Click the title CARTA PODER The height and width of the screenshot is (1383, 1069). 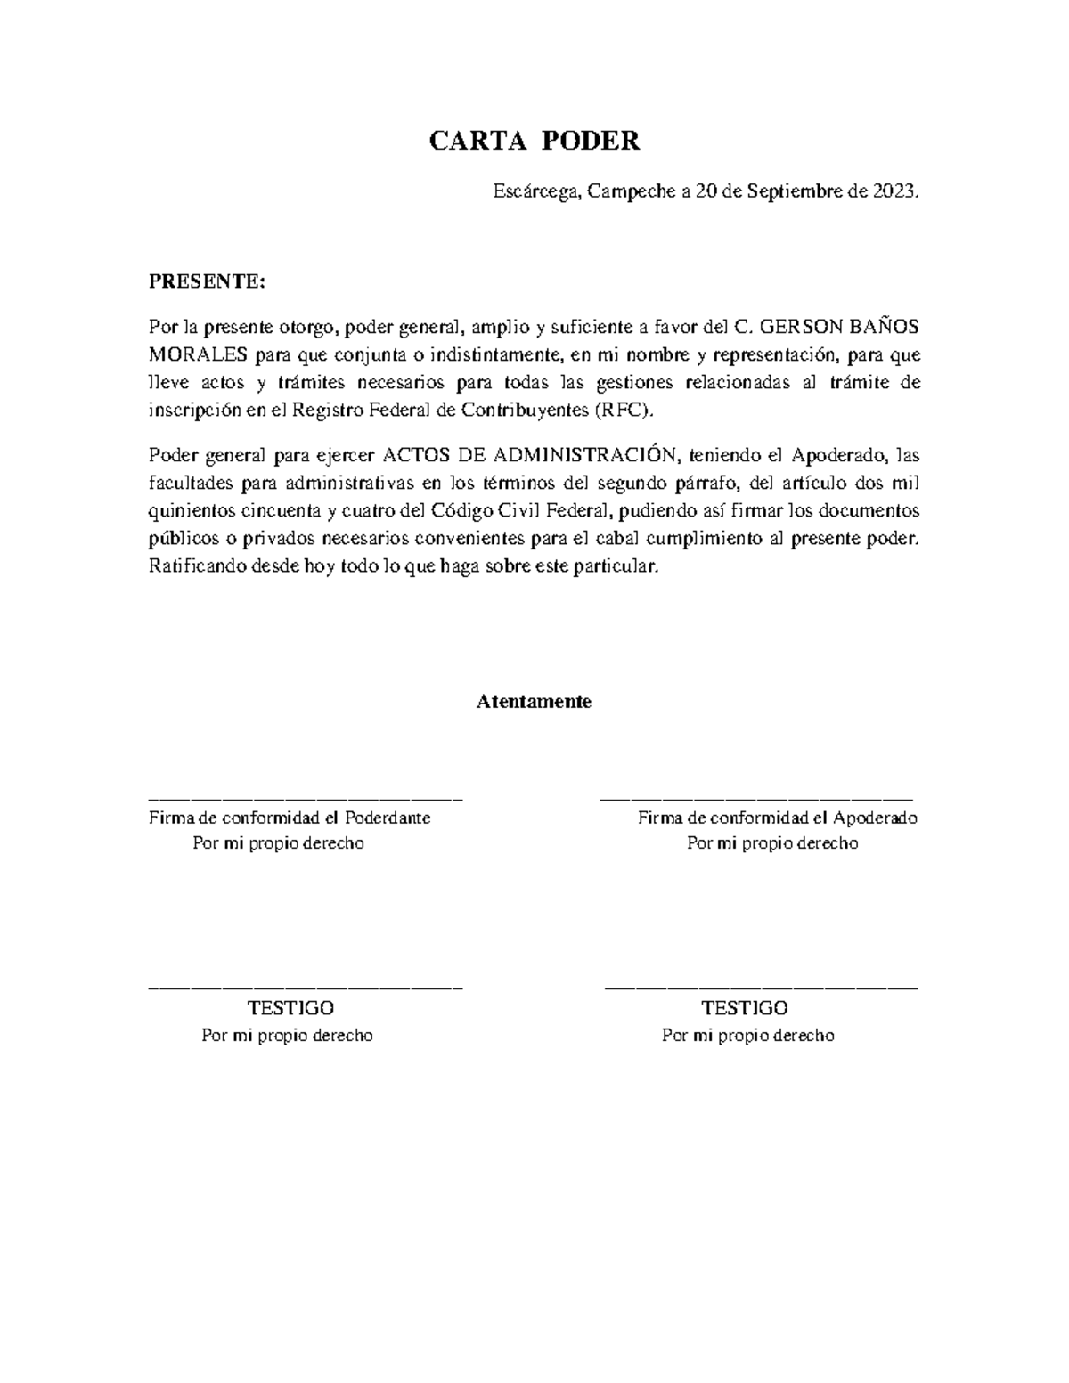534,141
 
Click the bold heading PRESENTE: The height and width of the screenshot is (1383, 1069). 207,282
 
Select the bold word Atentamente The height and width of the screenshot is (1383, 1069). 534,702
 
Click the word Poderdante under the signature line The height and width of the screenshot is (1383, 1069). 388,818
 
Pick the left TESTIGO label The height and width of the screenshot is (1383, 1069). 290,1008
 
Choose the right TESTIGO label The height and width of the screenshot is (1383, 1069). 745,1008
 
